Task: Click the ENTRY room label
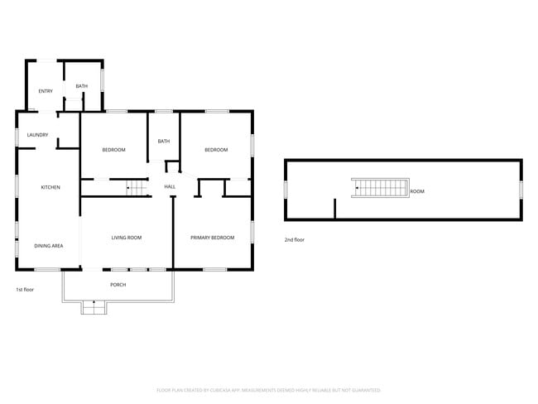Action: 45,90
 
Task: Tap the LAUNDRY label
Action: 37,135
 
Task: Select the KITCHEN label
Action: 50,187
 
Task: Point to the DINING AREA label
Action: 48,246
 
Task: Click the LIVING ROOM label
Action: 127,238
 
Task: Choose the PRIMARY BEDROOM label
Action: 213,238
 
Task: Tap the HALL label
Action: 170,187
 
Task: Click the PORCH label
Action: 118,285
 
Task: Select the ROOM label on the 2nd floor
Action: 417,191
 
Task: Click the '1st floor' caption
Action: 25,290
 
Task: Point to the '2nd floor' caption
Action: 295,239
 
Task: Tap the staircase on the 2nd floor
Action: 380,188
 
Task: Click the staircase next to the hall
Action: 134,188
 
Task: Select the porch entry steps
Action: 94,307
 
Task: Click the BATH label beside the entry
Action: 81,86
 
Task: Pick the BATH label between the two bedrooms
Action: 164,141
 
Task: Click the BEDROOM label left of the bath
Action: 113,149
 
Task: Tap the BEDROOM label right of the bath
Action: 216,149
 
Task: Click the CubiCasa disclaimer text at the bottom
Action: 268,389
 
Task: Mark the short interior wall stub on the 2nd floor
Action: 334,208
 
